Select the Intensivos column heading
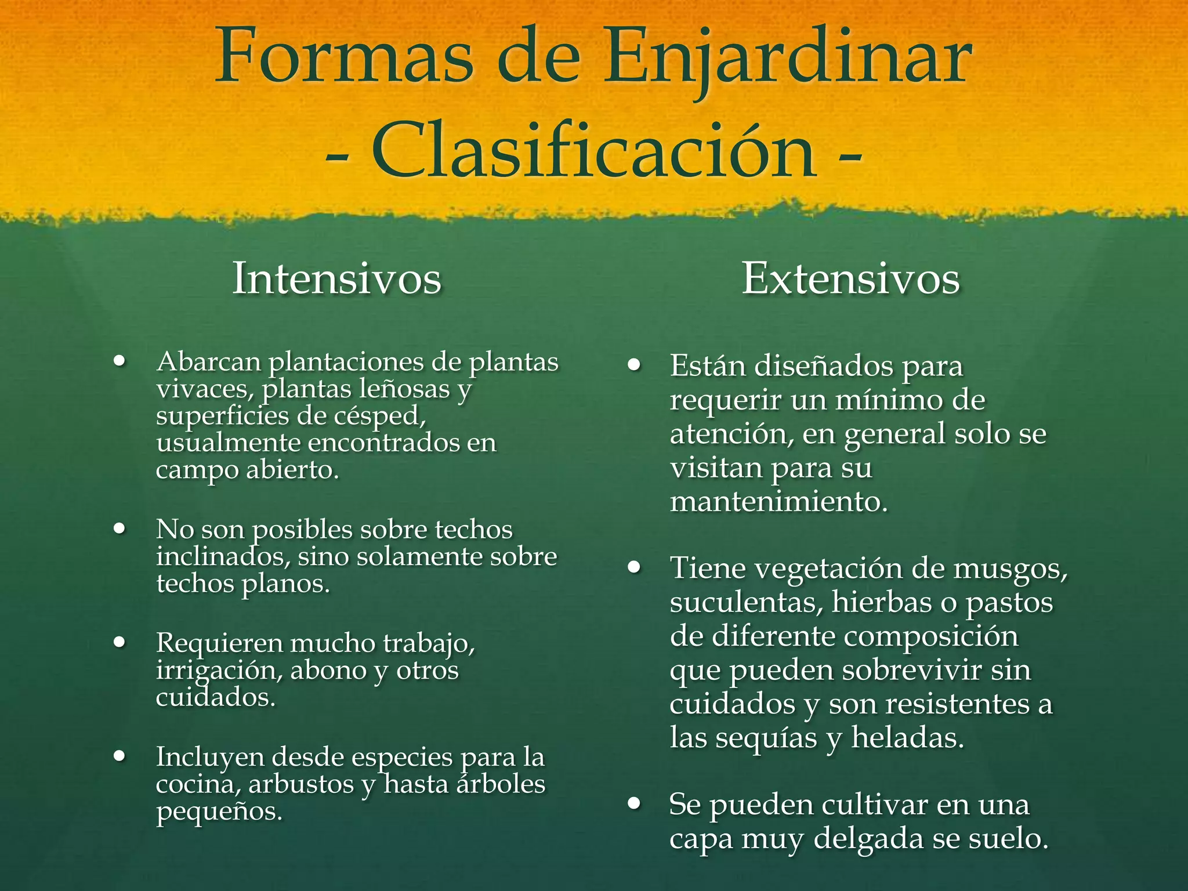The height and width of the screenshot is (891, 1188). (336, 279)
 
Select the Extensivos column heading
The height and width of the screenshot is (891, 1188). (850, 279)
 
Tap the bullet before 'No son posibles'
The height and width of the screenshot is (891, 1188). (120, 529)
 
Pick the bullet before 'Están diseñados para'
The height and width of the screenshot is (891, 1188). (634, 366)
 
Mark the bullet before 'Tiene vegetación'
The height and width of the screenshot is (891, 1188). (634, 567)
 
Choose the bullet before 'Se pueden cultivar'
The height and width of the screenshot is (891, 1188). (634, 804)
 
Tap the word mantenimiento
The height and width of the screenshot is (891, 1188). (778, 501)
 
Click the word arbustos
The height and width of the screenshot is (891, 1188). (301, 784)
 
